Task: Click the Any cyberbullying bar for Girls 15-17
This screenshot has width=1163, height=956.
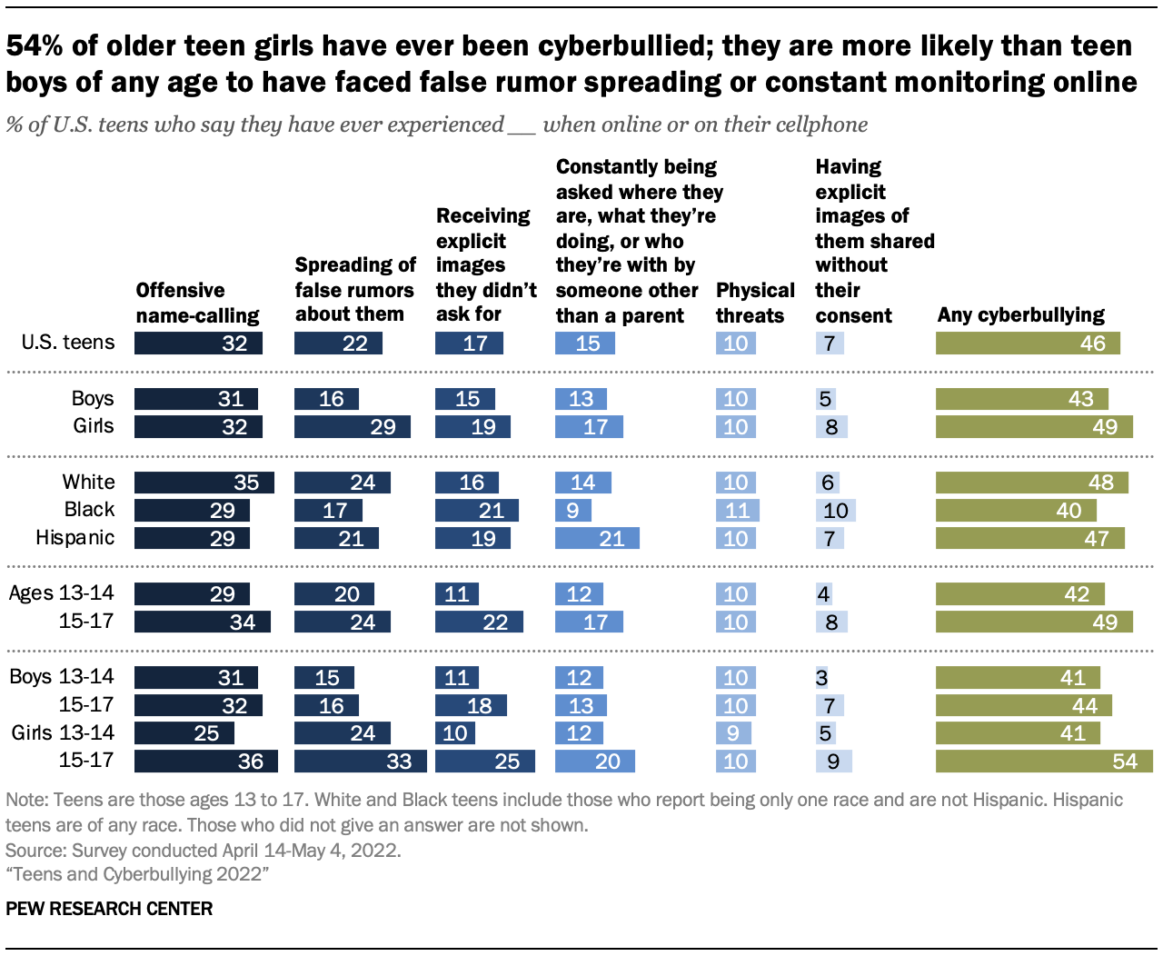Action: [1044, 761]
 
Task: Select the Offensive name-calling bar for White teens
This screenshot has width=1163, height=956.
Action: [204, 483]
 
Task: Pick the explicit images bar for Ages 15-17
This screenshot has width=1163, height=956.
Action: [479, 622]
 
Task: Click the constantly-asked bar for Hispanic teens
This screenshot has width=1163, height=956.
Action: [597, 538]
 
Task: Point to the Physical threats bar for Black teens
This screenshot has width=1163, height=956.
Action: [737, 511]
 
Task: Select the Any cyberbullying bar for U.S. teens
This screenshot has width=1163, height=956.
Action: [1028, 343]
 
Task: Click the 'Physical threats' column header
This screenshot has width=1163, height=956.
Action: [754, 303]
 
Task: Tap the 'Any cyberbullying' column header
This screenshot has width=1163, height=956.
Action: [1020, 315]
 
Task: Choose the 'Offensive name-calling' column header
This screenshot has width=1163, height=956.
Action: [197, 303]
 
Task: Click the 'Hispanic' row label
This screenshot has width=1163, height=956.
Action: [75, 537]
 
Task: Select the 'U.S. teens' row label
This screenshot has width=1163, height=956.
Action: [69, 343]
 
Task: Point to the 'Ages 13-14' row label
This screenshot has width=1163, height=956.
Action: [62, 593]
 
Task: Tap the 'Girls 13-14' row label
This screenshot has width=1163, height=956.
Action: [63, 732]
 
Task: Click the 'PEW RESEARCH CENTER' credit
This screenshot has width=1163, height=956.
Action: [109, 909]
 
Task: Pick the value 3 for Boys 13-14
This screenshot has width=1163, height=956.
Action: [821, 678]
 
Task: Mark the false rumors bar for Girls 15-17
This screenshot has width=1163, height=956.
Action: [360, 761]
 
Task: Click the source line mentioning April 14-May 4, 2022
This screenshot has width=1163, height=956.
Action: [203, 851]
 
